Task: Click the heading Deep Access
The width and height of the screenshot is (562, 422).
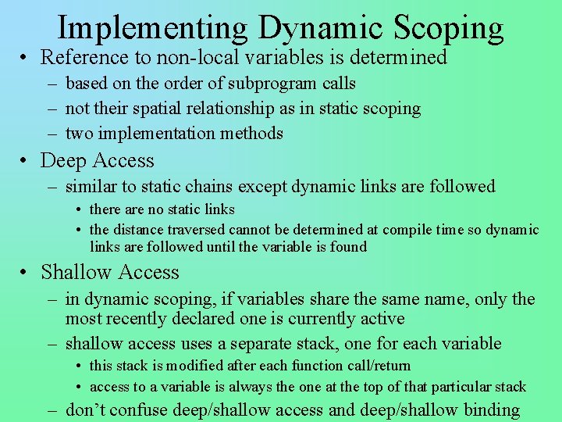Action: click(x=98, y=161)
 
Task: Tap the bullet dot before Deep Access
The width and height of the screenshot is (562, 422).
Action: click(x=26, y=162)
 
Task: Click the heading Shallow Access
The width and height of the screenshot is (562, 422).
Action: click(x=110, y=272)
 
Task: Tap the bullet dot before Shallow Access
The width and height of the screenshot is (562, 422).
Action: click(x=26, y=273)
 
